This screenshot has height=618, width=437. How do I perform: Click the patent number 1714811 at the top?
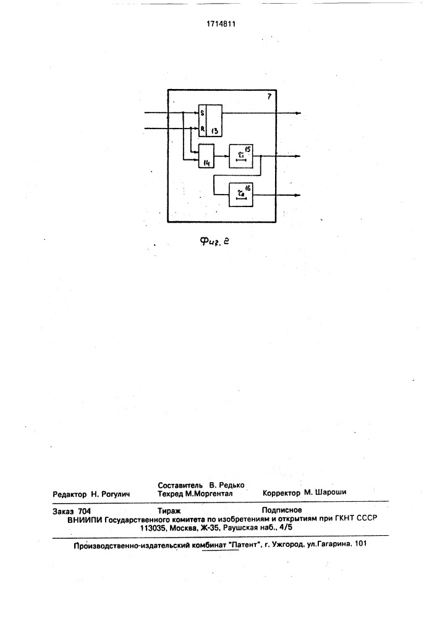(221, 23)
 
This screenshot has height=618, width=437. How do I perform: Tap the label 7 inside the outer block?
(269, 96)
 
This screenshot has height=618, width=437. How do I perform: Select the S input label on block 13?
(202, 113)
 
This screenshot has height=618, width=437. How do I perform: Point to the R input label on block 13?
(202, 129)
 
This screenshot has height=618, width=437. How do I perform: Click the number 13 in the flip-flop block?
(214, 131)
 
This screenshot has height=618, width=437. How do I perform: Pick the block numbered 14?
(206, 156)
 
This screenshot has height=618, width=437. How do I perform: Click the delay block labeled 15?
(241, 156)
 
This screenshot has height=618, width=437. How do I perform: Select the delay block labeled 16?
(241, 195)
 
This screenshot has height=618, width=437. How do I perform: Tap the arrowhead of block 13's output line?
(299, 113)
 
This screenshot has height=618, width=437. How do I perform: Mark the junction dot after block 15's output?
(261, 156)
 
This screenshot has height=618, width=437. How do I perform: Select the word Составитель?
(180, 485)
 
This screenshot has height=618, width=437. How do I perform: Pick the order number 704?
(84, 511)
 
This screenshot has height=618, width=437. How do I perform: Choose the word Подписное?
(282, 510)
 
